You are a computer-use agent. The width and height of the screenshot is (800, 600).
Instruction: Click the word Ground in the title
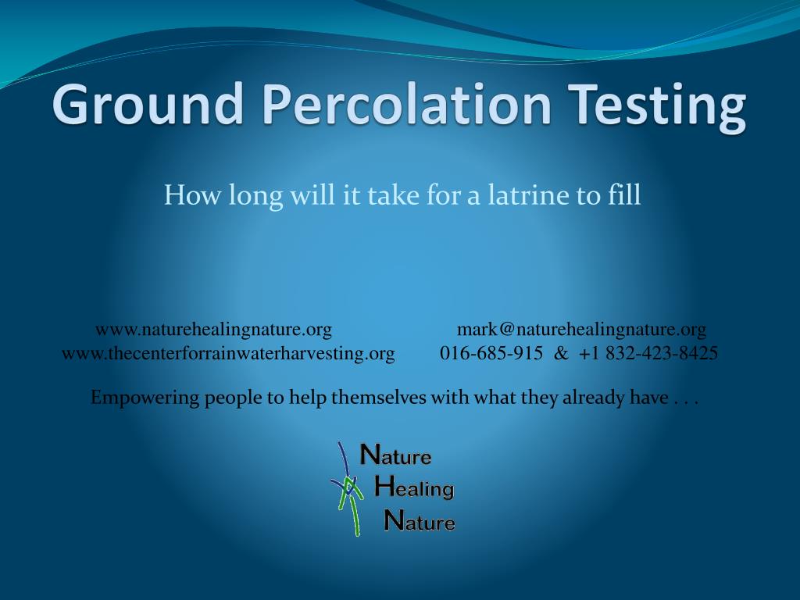(x=148, y=105)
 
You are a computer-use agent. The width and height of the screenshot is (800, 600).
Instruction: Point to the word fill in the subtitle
(x=624, y=195)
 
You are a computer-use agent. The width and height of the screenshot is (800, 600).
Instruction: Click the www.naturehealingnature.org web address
(x=213, y=329)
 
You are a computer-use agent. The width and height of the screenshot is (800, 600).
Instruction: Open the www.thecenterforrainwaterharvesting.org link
(x=228, y=353)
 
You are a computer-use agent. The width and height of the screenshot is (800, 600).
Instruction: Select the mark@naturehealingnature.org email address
(x=581, y=329)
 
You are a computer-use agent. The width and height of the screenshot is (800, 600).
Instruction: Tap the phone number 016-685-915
(x=491, y=353)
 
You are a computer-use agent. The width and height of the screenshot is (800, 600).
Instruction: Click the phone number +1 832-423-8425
(x=648, y=353)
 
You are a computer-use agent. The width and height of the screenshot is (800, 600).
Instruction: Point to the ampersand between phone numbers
(x=561, y=353)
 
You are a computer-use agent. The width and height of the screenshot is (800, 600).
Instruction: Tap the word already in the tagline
(x=595, y=398)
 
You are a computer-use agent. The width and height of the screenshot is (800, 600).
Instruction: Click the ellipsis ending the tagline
(x=685, y=399)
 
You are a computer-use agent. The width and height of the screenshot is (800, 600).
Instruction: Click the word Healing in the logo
(x=414, y=488)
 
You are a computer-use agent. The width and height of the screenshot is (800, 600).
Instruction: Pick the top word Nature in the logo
(x=395, y=455)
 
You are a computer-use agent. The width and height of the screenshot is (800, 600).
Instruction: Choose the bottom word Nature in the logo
(x=420, y=521)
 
